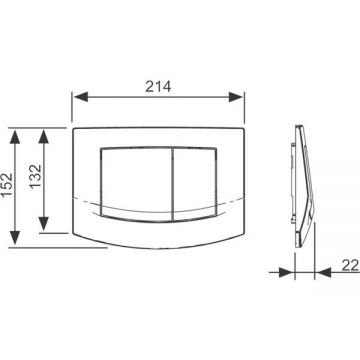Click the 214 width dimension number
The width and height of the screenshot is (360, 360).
pos(158,87)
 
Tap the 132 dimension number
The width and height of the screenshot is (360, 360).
pos(36,177)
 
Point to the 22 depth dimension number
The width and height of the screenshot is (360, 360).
pos(350,266)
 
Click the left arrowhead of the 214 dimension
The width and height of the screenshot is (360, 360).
pos(81,97)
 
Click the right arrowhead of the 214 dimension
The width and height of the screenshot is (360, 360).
pos(235,97)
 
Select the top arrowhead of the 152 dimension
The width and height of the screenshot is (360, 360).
pos(15,137)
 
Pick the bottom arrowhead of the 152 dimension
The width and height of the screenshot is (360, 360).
pos(15,237)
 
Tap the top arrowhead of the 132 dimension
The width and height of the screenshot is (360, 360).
pos(44,137)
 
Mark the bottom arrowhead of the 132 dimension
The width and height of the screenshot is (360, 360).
pos(44,224)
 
